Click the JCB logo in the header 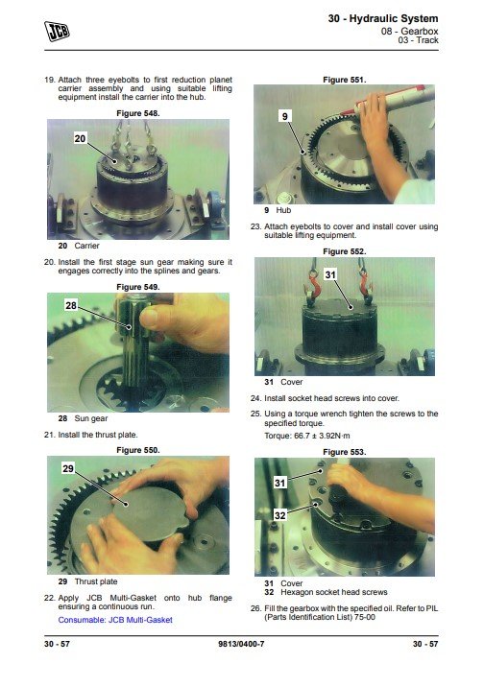pyautogui.click(x=57, y=31)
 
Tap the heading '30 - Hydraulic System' pyautogui.click(x=383, y=19)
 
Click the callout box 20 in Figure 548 pyautogui.click(x=80, y=138)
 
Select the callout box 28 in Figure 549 pyautogui.click(x=71, y=305)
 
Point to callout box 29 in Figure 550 pyautogui.click(x=68, y=469)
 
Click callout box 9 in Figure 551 pyautogui.click(x=285, y=116)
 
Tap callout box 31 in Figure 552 pyautogui.click(x=330, y=274)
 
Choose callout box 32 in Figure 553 pyautogui.click(x=279, y=515)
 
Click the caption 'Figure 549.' pyautogui.click(x=138, y=287)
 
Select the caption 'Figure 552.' pyautogui.click(x=345, y=251)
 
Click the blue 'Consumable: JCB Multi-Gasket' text pyautogui.click(x=115, y=620)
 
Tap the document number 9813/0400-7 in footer pyautogui.click(x=241, y=644)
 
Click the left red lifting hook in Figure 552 pyautogui.click(x=312, y=287)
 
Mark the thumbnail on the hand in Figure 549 pyautogui.click(x=149, y=318)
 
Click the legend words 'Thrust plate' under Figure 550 pyautogui.click(x=96, y=581)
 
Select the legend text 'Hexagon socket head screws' pyautogui.click(x=334, y=592)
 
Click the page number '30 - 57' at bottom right pyautogui.click(x=425, y=644)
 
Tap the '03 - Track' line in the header pyautogui.click(x=419, y=40)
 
